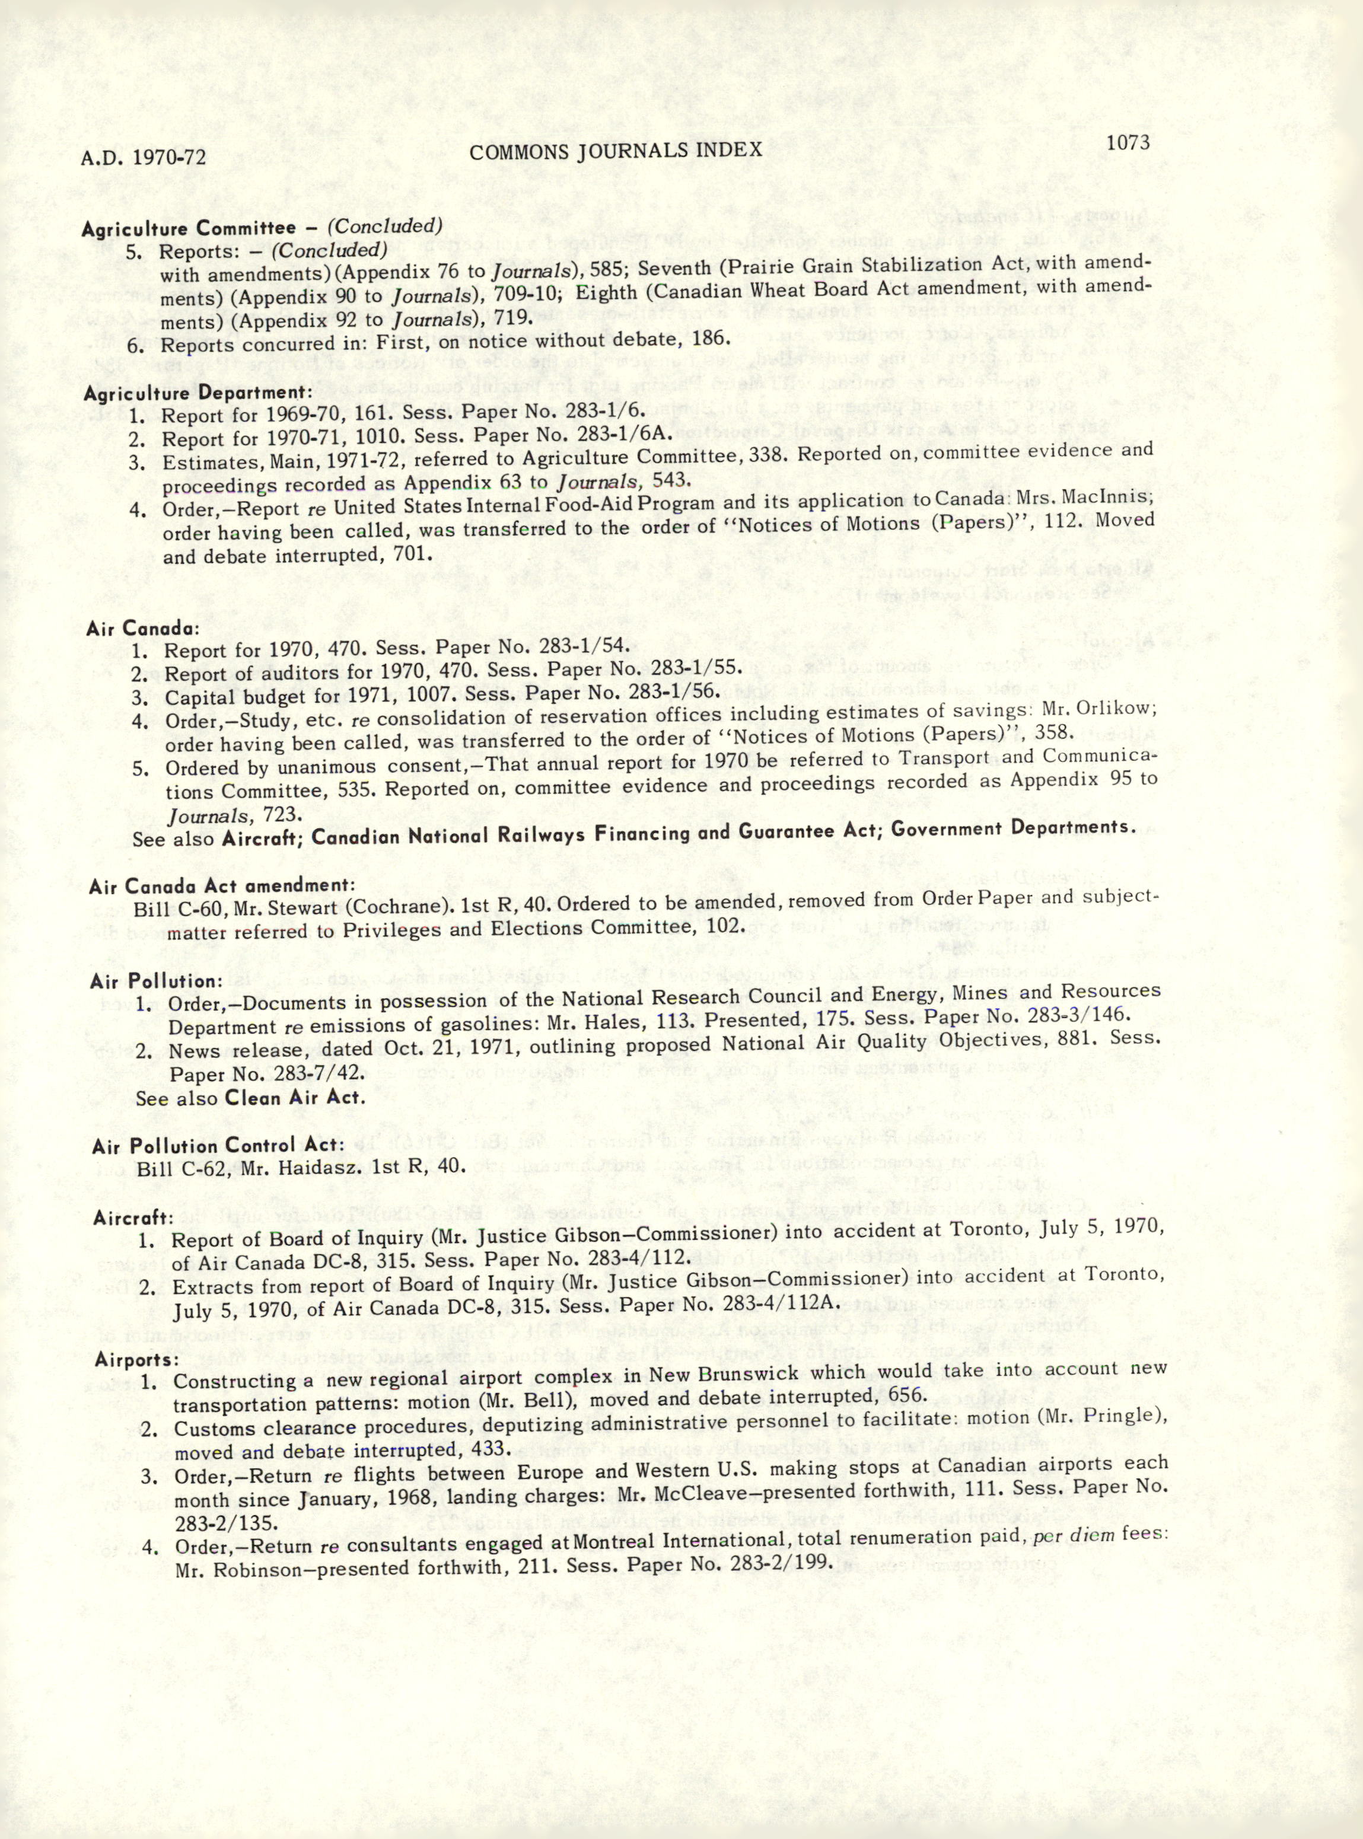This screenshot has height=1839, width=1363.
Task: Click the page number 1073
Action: [1128, 143]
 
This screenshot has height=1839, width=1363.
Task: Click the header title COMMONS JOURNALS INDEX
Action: [614, 150]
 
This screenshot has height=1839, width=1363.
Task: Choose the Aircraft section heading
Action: [133, 1217]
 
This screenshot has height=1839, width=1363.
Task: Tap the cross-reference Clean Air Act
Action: [295, 1099]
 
